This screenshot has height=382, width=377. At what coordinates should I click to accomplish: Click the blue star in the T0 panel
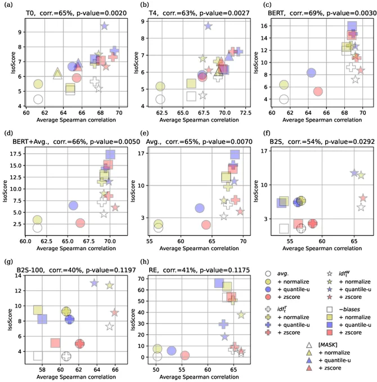pyautogui.click(x=105, y=26)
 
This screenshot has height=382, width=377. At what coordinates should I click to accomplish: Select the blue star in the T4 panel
pyautogui.click(x=208, y=26)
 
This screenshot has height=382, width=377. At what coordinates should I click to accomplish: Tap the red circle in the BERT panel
pyautogui.click(x=318, y=92)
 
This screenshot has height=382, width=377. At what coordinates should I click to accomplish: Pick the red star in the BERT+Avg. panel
pyautogui.click(x=115, y=207)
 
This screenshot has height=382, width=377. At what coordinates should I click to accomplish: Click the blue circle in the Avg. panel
pyautogui.click(x=200, y=208)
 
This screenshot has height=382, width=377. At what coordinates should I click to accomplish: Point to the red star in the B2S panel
pyautogui.click(x=363, y=198)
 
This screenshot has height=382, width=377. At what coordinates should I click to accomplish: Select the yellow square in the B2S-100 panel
pyautogui.click(x=38, y=310)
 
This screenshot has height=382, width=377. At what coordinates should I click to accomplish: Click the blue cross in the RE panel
pyautogui.click(x=223, y=324)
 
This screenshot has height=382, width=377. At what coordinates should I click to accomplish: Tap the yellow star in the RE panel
pyautogui.click(x=241, y=315)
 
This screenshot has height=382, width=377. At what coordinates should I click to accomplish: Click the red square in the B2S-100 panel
pyautogui.click(x=55, y=343)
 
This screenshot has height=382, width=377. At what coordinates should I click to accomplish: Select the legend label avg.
pyautogui.click(x=283, y=274)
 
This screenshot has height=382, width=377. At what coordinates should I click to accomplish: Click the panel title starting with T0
pyautogui.click(x=76, y=13)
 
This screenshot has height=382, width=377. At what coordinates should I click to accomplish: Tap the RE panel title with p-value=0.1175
pyautogui.click(x=199, y=270)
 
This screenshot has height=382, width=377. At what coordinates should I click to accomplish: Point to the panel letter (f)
pyautogui.click(x=267, y=133)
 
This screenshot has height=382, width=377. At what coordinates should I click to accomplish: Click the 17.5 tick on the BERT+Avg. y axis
pyautogui.click(x=16, y=154)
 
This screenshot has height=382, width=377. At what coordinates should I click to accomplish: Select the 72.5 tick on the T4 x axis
pyautogui.click(x=245, y=113)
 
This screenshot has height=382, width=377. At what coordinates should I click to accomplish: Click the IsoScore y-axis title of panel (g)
pyautogui.click(x=10, y=320)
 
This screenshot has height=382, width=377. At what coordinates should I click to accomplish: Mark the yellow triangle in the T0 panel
pyautogui.click(x=57, y=74)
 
